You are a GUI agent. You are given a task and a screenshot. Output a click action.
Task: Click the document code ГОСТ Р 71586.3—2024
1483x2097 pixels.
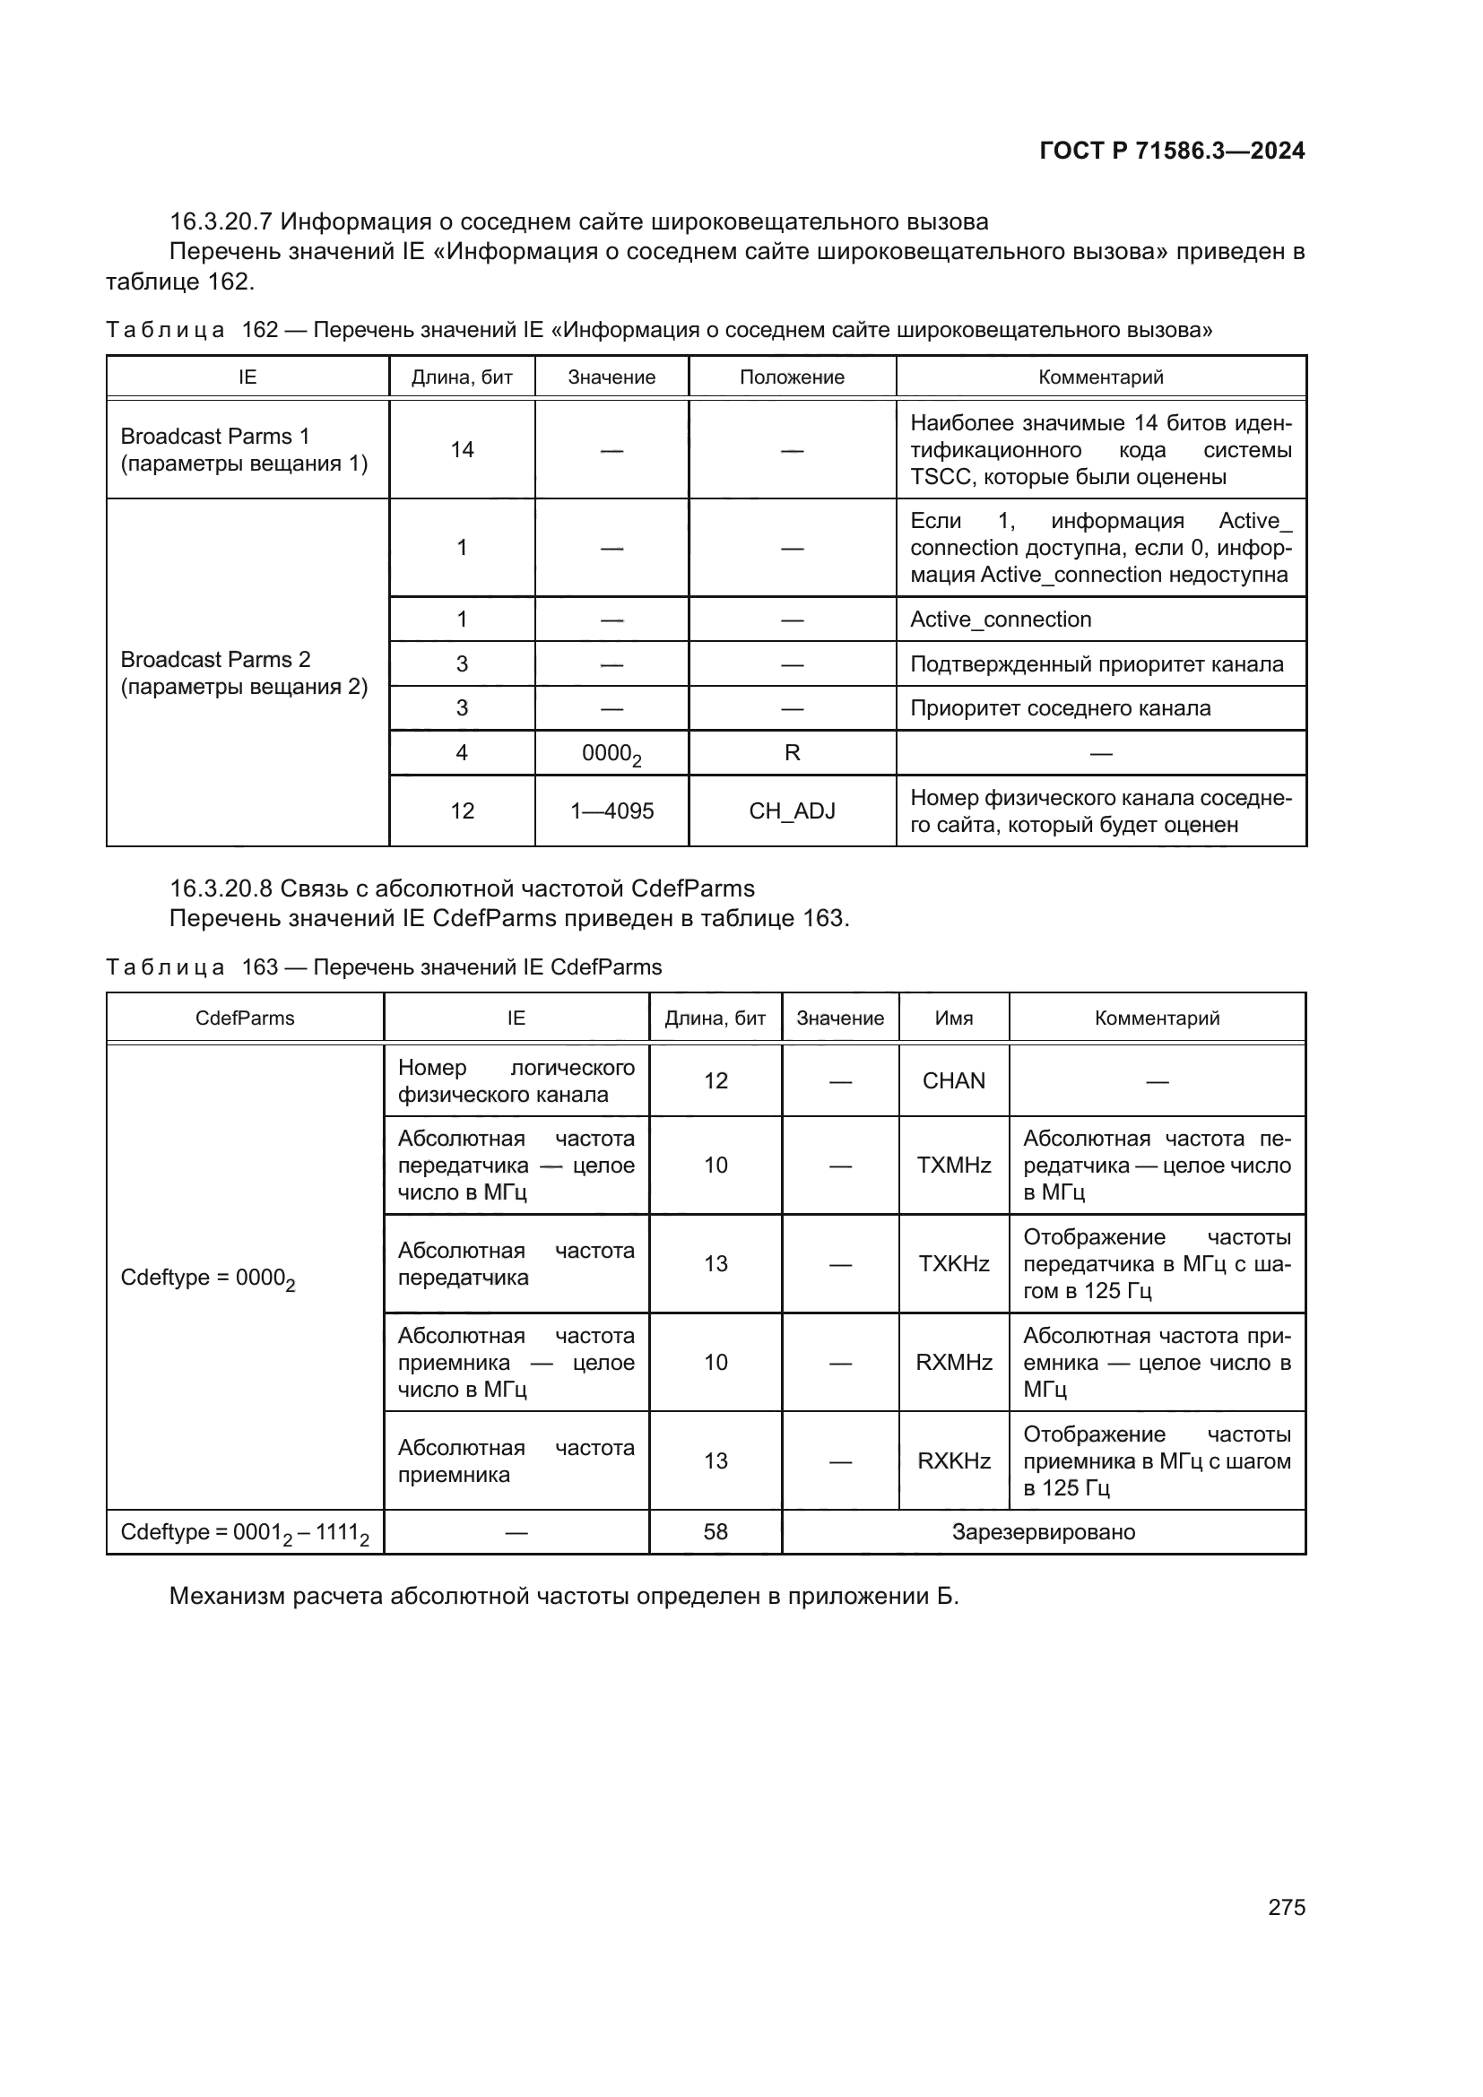click(x=1172, y=151)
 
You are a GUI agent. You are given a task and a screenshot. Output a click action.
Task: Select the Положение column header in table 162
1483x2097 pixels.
click(x=792, y=377)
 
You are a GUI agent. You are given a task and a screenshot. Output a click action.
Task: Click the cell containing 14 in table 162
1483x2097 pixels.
click(x=462, y=449)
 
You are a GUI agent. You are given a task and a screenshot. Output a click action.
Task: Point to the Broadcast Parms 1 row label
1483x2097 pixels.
click(x=244, y=449)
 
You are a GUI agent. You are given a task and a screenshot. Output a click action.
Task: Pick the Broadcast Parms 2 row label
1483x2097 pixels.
click(x=244, y=672)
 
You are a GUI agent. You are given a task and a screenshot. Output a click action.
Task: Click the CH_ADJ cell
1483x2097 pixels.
click(x=792, y=811)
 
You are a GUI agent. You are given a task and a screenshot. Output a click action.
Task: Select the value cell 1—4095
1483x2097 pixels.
click(x=611, y=811)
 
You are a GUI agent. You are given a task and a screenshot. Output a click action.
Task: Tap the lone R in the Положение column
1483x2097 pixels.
click(x=792, y=752)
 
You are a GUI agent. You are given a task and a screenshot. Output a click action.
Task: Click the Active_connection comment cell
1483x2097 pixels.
click(x=1001, y=620)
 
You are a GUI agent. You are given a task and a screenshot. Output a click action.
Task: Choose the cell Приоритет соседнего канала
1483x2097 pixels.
click(x=1060, y=708)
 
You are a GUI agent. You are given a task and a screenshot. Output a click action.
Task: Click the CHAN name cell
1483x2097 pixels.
click(x=953, y=1080)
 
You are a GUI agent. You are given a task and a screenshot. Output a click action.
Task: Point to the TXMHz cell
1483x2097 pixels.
click(x=953, y=1165)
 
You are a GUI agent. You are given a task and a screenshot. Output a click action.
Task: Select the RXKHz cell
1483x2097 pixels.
click(x=953, y=1461)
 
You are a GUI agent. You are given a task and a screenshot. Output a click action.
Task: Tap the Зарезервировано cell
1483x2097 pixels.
click(x=1043, y=1531)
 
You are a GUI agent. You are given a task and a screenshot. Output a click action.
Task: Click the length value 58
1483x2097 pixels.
click(x=715, y=1531)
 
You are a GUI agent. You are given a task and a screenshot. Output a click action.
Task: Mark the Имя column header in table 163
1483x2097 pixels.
click(x=953, y=1018)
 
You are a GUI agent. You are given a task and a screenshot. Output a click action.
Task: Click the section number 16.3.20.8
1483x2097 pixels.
click(x=220, y=888)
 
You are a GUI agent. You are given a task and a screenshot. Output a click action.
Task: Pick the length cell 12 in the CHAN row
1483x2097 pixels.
click(x=715, y=1080)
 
